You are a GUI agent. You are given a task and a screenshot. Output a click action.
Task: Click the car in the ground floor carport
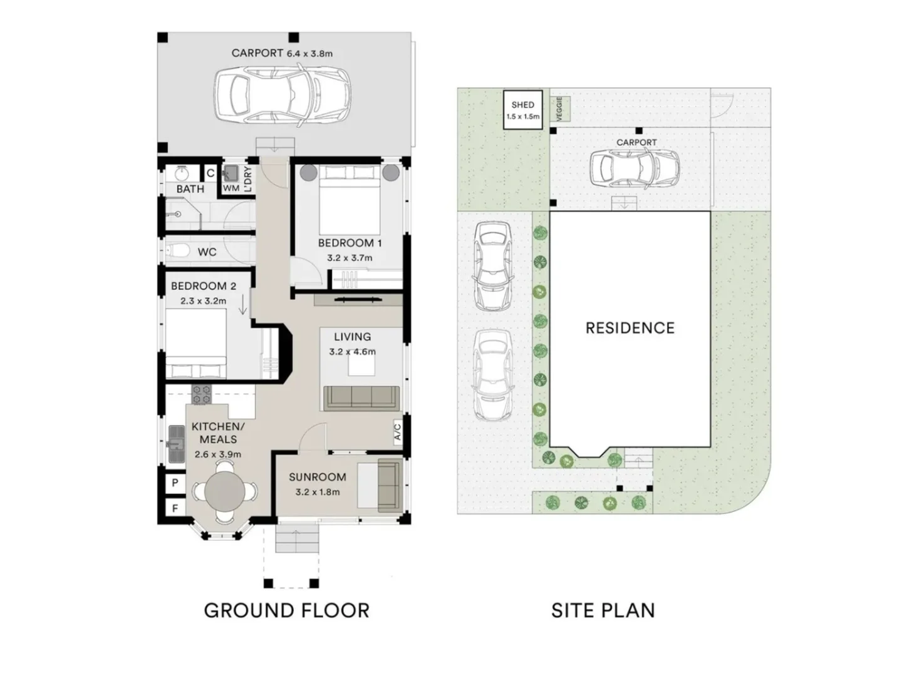pos(282,95)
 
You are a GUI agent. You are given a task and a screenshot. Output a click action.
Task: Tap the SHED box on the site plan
pos(522,110)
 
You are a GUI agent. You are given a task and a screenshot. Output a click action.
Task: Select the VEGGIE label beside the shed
pos(559,109)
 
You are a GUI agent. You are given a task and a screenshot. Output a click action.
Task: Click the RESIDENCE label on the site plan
pos(630,328)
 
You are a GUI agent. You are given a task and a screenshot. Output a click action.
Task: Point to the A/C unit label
pos(397,432)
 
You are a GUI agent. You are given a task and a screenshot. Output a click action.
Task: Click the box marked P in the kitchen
pos(175,483)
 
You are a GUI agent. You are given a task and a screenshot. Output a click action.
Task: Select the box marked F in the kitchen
pos(175,508)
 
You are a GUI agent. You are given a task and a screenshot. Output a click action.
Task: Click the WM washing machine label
pos(231,188)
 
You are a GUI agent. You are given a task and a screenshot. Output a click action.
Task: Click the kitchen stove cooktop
pos(201,394)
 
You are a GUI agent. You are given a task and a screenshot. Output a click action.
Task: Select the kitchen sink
pos(175,444)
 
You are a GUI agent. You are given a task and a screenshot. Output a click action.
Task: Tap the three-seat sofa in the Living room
pos(361,397)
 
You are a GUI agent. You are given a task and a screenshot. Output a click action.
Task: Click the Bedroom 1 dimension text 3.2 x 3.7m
pos(350,257)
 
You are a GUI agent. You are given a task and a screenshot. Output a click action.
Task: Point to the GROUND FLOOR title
pos(287,610)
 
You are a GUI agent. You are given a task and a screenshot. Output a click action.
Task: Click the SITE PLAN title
pos(603,610)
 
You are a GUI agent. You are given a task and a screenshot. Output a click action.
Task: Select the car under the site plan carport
pos(635,168)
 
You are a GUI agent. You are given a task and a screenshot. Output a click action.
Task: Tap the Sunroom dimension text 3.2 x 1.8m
pos(317,492)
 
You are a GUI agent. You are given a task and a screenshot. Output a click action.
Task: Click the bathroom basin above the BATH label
pos(182,173)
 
